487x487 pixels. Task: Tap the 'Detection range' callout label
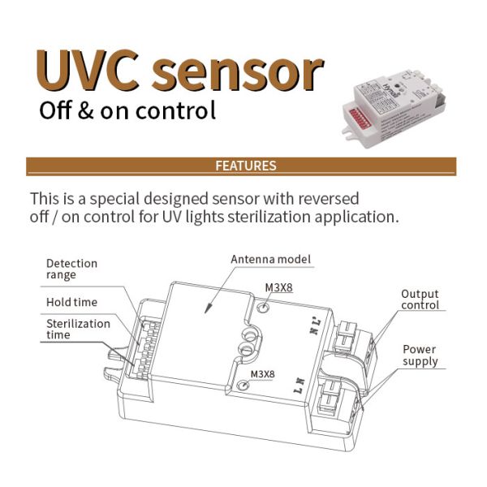(x=71, y=269)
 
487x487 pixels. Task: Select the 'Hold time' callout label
(x=71, y=302)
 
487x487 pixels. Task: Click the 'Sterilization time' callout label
(x=78, y=329)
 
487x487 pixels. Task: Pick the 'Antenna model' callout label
(x=271, y=259)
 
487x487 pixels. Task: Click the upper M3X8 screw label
(x=279, y=287)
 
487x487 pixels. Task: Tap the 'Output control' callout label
(x=420, y=300)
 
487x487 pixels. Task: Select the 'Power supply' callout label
(x=420, y=355)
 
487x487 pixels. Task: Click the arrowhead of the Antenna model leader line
(x=207, y=313)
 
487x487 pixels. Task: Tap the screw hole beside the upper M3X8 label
(x=264, y=307)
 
